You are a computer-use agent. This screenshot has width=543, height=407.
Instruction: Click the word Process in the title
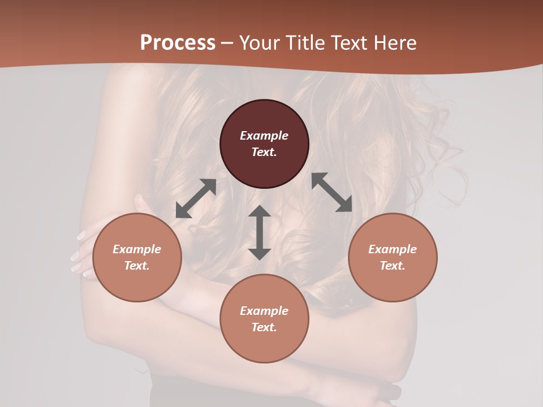178,43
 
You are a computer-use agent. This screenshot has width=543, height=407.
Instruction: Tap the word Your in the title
260,43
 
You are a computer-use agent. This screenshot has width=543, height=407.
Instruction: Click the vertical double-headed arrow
260,232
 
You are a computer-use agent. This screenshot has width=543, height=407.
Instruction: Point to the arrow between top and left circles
196,198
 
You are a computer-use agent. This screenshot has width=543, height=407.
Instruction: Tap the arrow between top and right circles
331,192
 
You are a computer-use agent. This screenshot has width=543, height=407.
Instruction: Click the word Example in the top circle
264,136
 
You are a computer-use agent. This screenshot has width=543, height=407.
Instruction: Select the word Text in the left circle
137,266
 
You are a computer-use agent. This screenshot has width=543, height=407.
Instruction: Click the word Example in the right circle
393,249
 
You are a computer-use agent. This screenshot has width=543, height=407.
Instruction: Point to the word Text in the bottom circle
264,327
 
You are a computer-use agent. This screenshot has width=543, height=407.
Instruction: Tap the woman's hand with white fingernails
82,254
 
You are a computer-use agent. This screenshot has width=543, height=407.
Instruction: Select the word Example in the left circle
137,249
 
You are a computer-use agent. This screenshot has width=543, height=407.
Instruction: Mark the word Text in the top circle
264,152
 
